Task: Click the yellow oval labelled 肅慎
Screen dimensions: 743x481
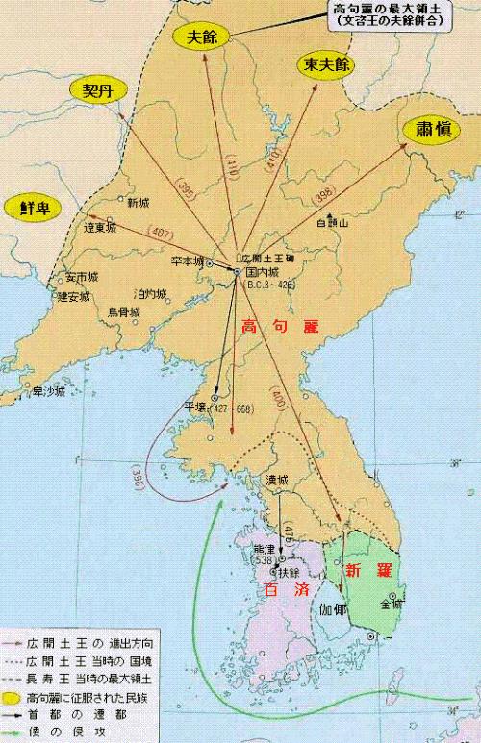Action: pos(429,130)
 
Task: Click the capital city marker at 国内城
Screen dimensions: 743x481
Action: pos(238,272)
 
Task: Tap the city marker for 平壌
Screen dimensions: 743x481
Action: pos(215,396)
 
